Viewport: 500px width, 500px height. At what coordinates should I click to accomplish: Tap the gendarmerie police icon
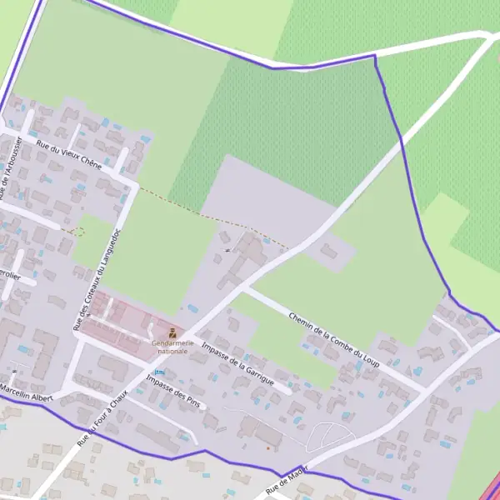[x=172, y=334]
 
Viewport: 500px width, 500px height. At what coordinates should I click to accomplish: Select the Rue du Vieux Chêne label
[x=69, y=154]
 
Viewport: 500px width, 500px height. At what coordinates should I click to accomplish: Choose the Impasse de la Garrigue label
[x=237, y=362]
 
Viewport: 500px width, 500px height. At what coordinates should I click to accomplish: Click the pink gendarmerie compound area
[x=125, y=321]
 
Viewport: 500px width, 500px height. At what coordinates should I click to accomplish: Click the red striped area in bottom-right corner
[x=492, y=489]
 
